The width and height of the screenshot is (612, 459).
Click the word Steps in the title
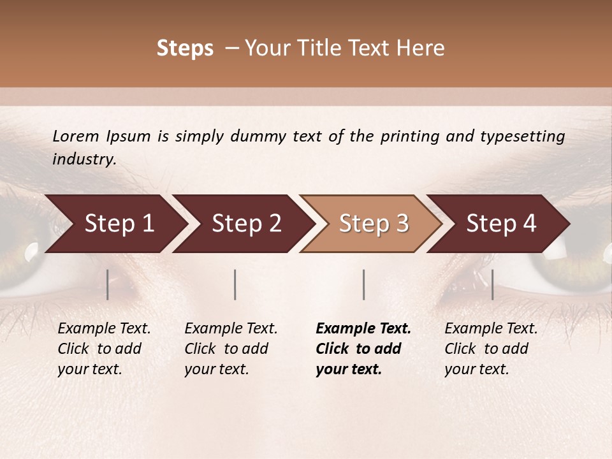(185, 48)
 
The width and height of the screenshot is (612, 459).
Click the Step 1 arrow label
(119, 224)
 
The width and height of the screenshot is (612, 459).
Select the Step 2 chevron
(247, 224)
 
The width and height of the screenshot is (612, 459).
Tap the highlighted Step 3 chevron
(374, 224)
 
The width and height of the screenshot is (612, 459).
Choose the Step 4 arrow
(501, 224)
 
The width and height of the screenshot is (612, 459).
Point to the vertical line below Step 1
(107, 284)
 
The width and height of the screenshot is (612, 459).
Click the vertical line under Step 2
(235, 284)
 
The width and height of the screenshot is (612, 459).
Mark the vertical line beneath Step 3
(363, 284)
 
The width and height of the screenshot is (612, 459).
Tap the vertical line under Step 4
(492, 284)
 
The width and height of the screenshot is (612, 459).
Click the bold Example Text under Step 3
(363, 329)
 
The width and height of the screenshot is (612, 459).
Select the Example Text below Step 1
(104, 329)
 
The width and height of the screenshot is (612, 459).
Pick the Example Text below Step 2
(231, 329)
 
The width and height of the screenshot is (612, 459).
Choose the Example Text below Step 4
(491, 329)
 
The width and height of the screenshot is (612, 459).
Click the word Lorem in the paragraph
(76, 136)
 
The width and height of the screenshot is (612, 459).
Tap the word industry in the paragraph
(84, 159)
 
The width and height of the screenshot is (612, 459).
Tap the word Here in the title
(421, 48)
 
